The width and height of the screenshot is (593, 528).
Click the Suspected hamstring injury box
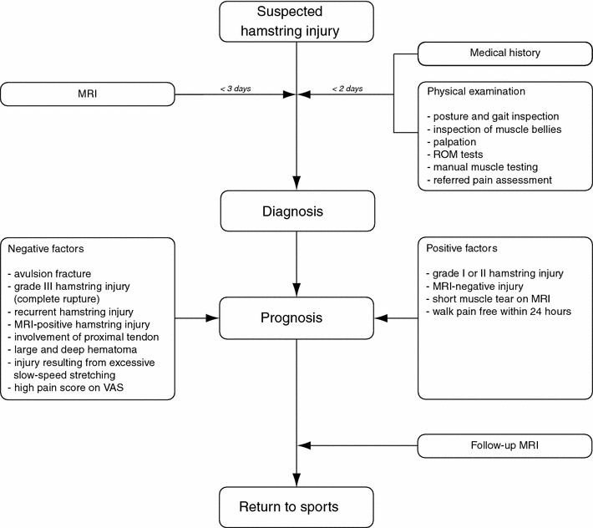point(296,23)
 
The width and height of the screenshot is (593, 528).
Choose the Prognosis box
point(296,318)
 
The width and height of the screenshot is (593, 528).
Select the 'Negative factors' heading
point(46,248)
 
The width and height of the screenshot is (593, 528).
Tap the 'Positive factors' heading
point(462,248)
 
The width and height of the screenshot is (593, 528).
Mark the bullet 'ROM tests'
point(458,154)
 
